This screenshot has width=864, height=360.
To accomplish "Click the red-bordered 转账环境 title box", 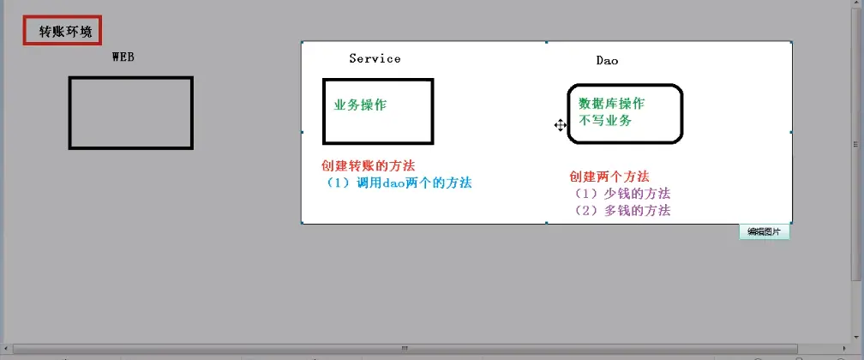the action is click(x=63, y=31).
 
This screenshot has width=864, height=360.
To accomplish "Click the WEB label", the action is click(x=123, y=57).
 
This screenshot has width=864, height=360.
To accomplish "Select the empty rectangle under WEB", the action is click(x=130, y=112).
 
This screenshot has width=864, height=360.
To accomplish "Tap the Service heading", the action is click(x=375, y=58).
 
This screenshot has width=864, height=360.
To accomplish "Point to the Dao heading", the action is click(x=607, y=60).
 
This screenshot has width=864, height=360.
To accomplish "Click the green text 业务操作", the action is click(x=360, y=105).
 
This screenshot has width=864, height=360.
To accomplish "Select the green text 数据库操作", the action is click(x=611, y=104).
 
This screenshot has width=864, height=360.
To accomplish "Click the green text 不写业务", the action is click(x=605, y=121).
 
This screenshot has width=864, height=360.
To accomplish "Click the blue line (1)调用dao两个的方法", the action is click(x=396, y=183).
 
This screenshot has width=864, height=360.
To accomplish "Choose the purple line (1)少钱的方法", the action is click(x=621, y=194).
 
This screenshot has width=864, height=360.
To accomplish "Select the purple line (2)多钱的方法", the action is click(x=621, y=210).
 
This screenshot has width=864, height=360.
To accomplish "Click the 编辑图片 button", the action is click(x=764, y=231).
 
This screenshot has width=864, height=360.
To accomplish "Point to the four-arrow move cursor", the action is click(x=560, y=125).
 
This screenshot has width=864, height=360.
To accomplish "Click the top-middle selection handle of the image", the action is click(x=546, y=41).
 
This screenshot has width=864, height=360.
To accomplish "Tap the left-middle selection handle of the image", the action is click(x=301, y=132).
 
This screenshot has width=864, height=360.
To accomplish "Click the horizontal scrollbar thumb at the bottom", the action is click(x=403, y=349).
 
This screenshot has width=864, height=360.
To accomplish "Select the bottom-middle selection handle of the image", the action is click(x=546, y=223).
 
